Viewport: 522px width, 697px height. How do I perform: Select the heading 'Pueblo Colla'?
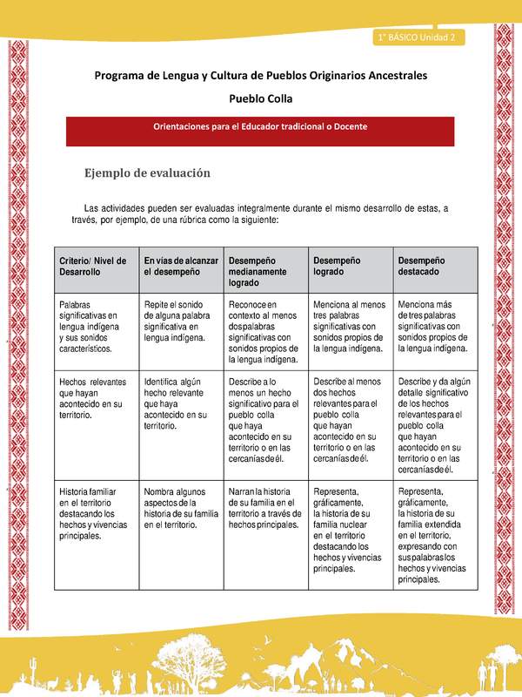click(260, 98)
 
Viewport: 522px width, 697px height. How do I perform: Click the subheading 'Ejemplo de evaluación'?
click(147, 173)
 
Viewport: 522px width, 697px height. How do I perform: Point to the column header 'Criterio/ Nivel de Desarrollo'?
click(93, 266)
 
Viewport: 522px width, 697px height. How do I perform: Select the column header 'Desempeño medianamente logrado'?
click(264, 272)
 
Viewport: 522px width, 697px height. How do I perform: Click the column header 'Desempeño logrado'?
click(348, 266)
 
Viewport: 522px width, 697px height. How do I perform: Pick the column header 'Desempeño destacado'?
click(432, 266)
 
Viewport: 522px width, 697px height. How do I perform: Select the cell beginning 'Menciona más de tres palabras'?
click(432, 326)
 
